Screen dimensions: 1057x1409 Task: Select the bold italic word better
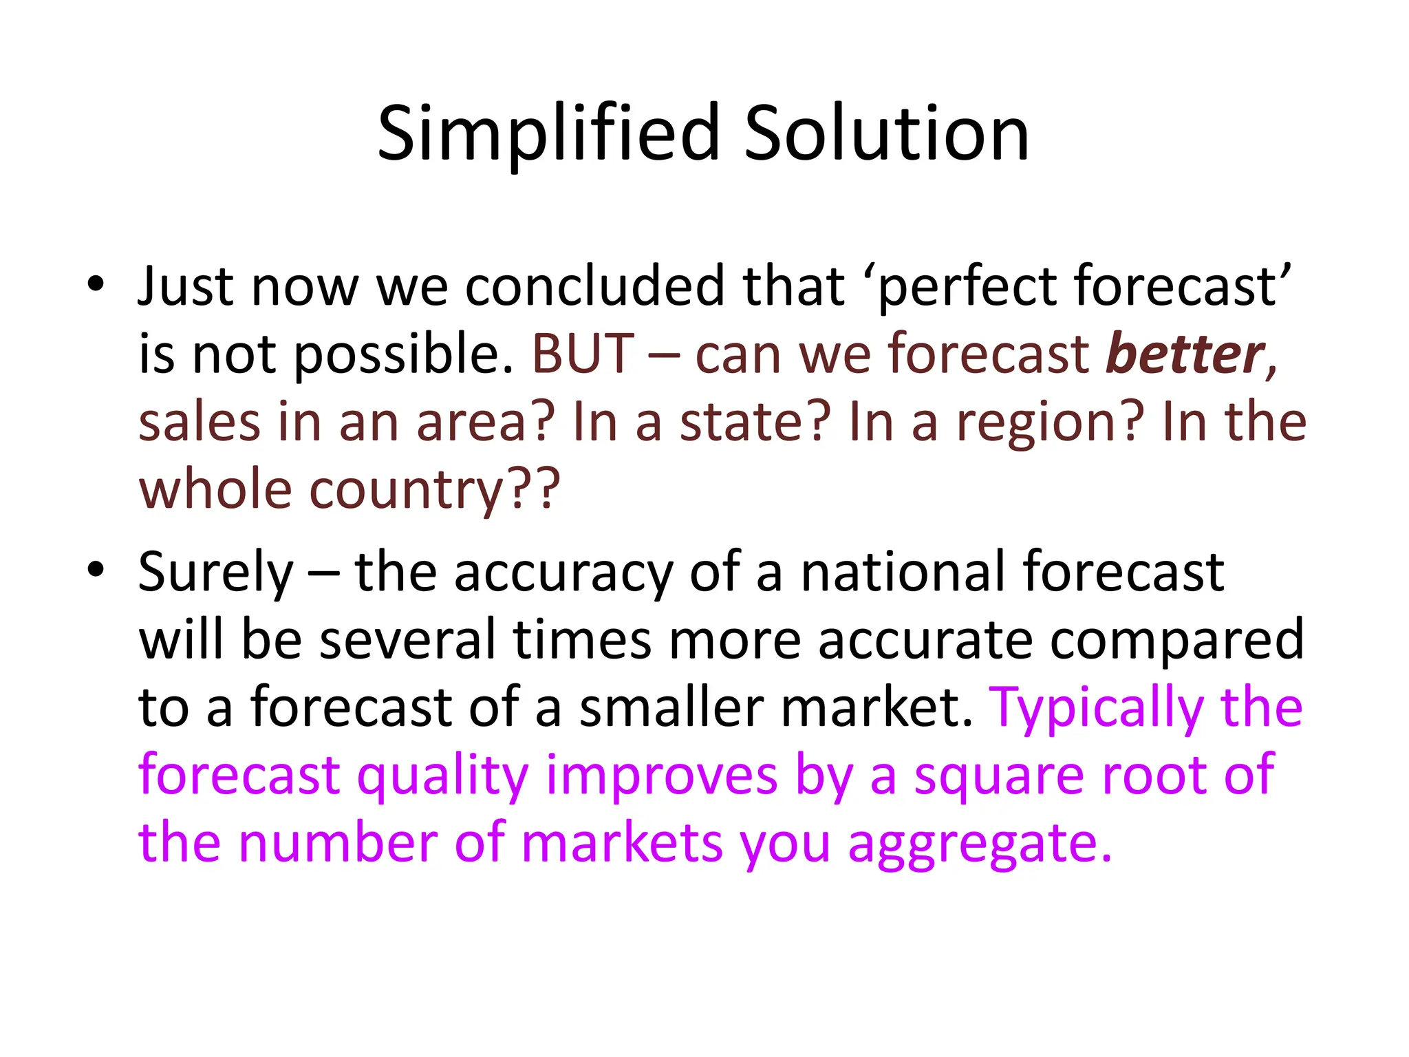1185,354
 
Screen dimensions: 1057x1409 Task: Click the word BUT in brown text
583,354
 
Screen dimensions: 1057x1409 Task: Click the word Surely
215,573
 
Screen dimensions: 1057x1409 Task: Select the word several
407,640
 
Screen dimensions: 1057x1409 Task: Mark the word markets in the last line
621,844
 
